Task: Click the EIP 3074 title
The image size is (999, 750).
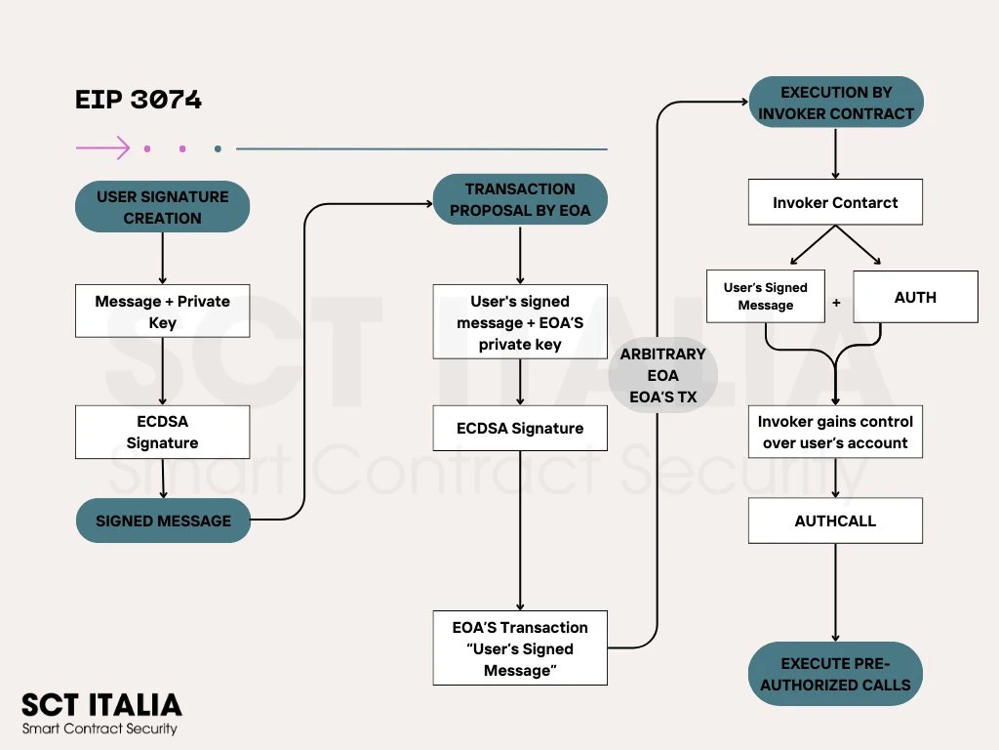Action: pyautogui.click(x=139, y=100)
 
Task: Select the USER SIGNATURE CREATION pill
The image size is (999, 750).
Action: pyautogui.click(x=162, y=207)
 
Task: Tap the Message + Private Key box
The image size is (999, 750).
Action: pyautogui.click(x=162, y=312)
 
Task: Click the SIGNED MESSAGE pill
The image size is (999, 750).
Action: pyautogui.click(x=163, y=521)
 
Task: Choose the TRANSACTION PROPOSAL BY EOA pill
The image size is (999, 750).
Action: pyautogui.click(x=520, y=199)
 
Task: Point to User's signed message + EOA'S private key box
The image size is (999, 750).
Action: pyautogui.click(x=520, y=322)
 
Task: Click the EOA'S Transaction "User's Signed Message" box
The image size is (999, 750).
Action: pyautogui.click(x=520, y=648)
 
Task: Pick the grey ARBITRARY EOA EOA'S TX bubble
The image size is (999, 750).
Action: pyautogui.click(x=662, y=376)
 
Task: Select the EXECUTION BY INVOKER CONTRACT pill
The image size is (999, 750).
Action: pyautogui.click(x=835, y=103)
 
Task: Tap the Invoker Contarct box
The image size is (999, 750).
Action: pyautogui.click(x=835, y=203)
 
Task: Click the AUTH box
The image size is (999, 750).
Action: pyautogui.click(x=915, y=297)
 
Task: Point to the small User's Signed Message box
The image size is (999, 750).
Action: pyautogui.click(x=766, y=297)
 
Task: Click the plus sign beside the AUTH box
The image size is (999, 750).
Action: pyautogui.click(x=836, y=303)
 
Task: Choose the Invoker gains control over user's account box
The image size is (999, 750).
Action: pyautogui.click(x=835, y=432)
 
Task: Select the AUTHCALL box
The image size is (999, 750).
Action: pyautogui.click(x=835, y=521)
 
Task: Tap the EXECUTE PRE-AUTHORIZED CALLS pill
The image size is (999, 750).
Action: pyautogui.click(x=835, y=674)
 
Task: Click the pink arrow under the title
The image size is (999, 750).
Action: pyautogui.click(x=102, y=148)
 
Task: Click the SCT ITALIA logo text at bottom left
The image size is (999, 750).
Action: pyautogui.click(x=101, y=705)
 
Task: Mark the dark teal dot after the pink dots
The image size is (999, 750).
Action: pyautogui.click(x=218, y=149)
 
